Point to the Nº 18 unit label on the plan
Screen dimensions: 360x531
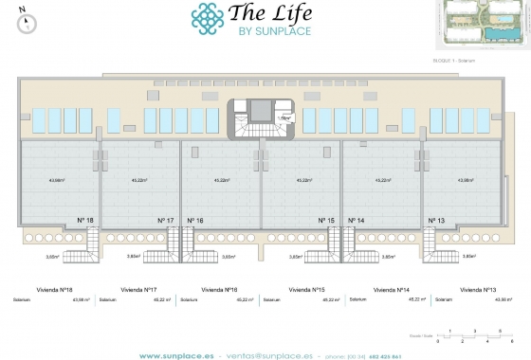click(84, 221)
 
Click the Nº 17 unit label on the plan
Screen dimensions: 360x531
click(165, 221)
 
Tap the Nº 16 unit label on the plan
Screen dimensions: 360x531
click(196, 221)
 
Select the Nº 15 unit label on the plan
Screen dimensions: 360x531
click(326, 221)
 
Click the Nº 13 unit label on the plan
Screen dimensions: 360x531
click(437, 221)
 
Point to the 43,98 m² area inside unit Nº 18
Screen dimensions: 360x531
click(59, 179)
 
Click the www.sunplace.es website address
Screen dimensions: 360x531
click(174, 354)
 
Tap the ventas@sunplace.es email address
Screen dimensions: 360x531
click(271, 354)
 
